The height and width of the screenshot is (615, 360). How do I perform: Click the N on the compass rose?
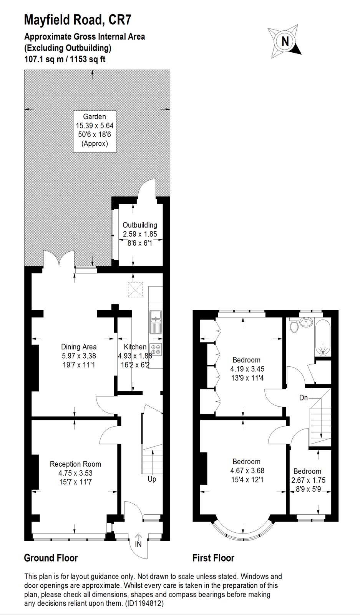click(285, 41)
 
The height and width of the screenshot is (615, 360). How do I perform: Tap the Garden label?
click(95, 116)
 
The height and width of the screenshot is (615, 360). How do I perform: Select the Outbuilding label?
click(140, 225)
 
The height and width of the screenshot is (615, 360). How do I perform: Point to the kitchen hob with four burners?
click(156, 349)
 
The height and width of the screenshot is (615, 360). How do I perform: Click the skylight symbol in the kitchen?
click(136, 290)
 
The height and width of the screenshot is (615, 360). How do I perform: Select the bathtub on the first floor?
click(323, 338)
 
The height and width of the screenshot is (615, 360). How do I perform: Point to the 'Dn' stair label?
click(304, 397)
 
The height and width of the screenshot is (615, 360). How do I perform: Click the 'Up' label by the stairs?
click(152, 479)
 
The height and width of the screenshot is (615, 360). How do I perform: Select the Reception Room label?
click(75, 464)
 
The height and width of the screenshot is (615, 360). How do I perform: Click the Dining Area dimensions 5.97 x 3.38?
click(79, 356)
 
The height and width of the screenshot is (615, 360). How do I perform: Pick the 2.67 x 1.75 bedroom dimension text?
click(309, 480)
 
